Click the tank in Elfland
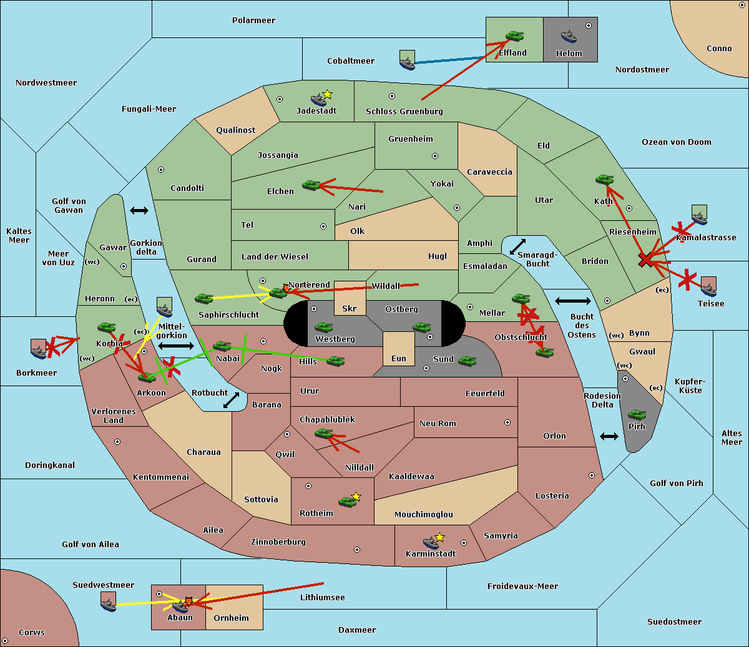(x=514, y=36)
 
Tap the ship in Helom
(x=569, y=36)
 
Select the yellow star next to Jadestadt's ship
(x=327, y=94)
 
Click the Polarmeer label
(x=253, y=21)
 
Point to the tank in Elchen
(x=311, y=185)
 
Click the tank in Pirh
(x=637, y=414)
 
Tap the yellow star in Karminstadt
(x=439, y=537)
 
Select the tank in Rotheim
(x=347, y=502)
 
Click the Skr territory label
(x=350, y=308)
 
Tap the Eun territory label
(x=399, y=358)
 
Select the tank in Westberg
(x=323, y=328)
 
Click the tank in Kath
(x=604, y=179)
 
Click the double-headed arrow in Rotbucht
(x=231, y=400)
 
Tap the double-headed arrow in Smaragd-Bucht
(x=517, y=246)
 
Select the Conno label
(x=719, y=48)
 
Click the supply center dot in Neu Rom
(x=507, y=422)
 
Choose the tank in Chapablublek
(x=323, y=433)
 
